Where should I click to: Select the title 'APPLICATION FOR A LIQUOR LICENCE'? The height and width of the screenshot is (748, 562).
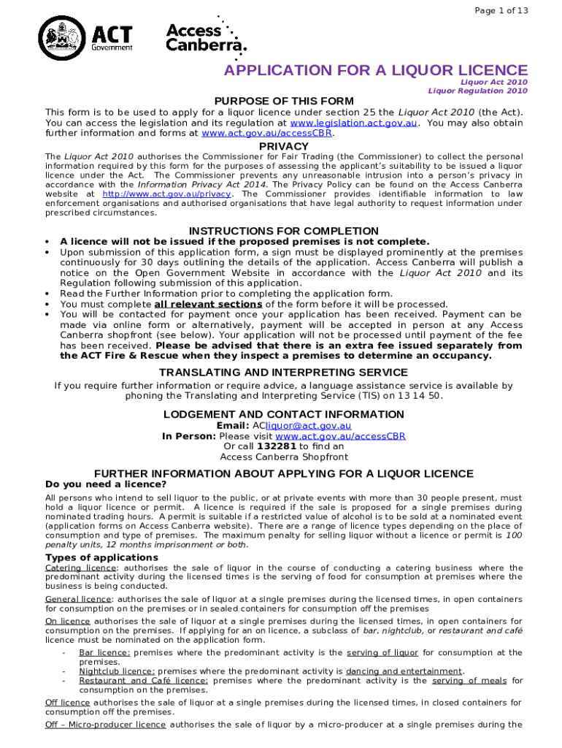tap(375, 70)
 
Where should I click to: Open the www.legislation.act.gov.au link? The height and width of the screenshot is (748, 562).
tap(353, 123)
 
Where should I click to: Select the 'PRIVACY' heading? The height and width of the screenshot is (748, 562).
tap(284, 146)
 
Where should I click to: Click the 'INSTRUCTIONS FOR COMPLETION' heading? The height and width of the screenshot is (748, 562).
tap(283, 232)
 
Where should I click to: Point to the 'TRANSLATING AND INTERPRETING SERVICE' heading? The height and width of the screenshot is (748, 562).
tap(284, 373)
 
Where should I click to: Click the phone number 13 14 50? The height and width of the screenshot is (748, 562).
tap(423, 395)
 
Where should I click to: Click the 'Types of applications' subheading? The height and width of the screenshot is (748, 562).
tap(101, 557)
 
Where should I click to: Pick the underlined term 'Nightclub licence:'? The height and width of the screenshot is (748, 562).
tap(117, 671)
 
